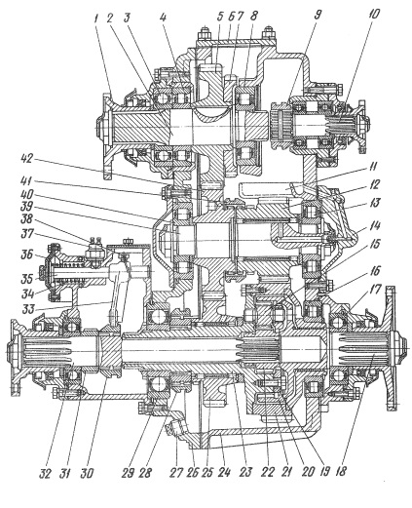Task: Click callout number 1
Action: click(96, 18)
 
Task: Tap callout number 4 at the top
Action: click(164, 18)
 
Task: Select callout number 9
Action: click(318, 15)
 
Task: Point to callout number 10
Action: click(374, 14)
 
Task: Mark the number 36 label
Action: click(27, 254)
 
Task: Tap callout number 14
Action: click(374, 226)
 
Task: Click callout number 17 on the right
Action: click(376, 291)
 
